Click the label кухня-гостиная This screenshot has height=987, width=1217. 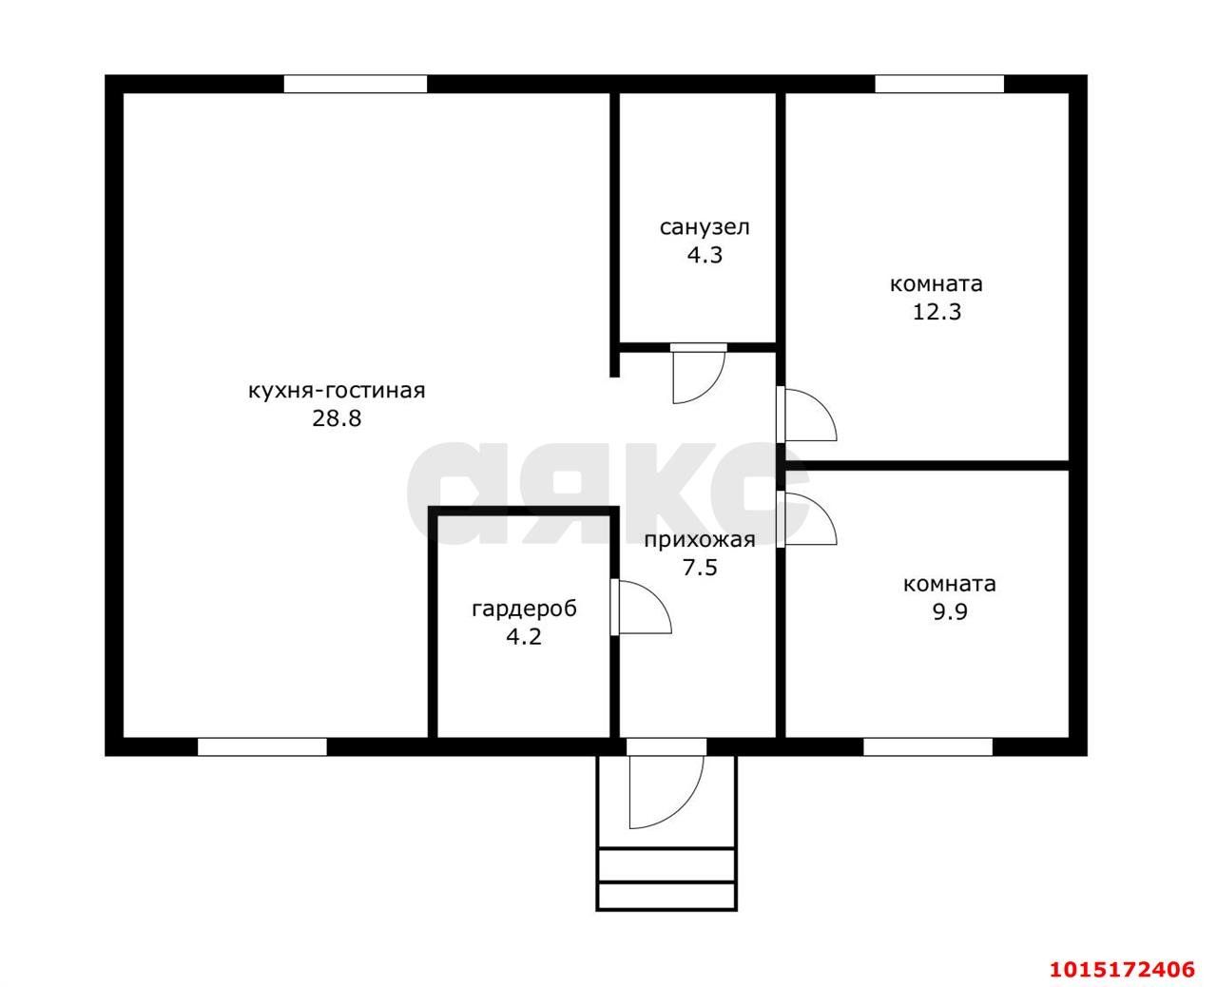[337, 392]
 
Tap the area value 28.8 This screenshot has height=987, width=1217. [337, 418]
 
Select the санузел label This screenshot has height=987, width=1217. [705, 227]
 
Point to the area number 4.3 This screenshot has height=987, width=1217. [705, 255]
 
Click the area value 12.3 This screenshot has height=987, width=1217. [937, 312]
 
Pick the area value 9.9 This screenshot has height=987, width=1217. [950, 612]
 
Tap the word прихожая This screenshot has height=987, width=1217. [700, 541]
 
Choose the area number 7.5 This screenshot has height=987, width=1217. [700, 568]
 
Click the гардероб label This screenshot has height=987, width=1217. [525, 610]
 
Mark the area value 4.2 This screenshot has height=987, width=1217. [524, 637]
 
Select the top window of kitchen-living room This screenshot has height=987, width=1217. [356, 84]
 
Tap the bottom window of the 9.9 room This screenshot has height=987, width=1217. [928, 747]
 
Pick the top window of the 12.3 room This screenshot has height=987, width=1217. [939, 84]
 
